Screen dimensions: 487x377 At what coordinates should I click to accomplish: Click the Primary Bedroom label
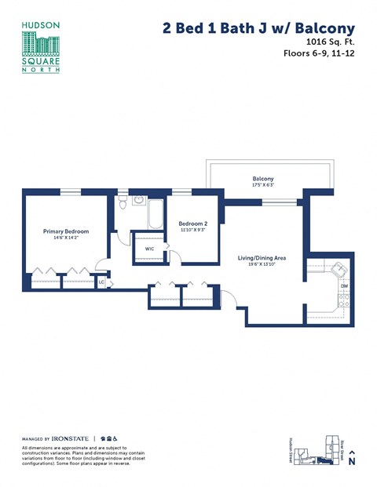(66, 231)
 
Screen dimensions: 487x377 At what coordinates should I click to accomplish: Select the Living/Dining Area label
(262, 257)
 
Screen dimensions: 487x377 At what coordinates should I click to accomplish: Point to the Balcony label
(263, 178)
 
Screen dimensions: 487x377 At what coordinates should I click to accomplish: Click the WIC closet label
(149, 249)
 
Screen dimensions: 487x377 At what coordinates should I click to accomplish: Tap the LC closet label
(101, 282)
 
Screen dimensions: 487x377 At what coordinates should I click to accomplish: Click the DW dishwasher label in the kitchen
(344, 286)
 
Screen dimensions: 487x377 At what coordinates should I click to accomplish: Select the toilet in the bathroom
(123, 202)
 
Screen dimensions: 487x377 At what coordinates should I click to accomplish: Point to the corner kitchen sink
(339, 269)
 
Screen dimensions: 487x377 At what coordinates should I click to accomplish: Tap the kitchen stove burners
(344, 301)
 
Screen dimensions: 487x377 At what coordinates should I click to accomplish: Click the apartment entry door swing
(226, 298)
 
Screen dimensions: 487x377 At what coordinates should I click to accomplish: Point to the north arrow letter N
(353, 463)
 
